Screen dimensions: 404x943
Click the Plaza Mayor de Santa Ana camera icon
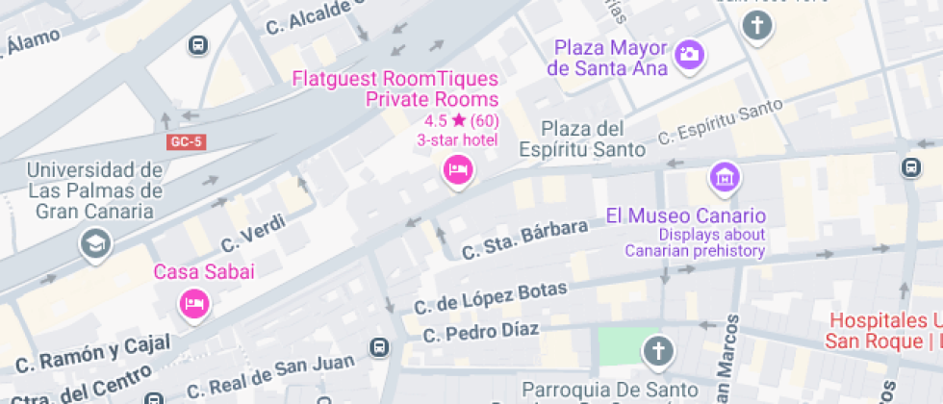click(689, 54)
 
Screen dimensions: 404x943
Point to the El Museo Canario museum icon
click(724, 177)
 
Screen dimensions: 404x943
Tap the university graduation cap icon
click(96, 243)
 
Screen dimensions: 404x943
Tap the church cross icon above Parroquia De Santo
click(658, 351)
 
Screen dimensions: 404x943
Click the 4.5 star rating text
click(461, 120)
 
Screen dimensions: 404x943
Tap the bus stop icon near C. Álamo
click(197, 44)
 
